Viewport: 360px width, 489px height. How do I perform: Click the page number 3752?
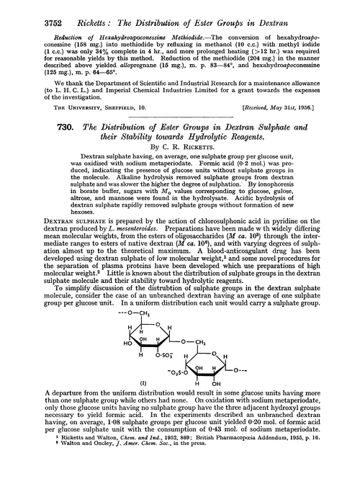click(x=30, y=10)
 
